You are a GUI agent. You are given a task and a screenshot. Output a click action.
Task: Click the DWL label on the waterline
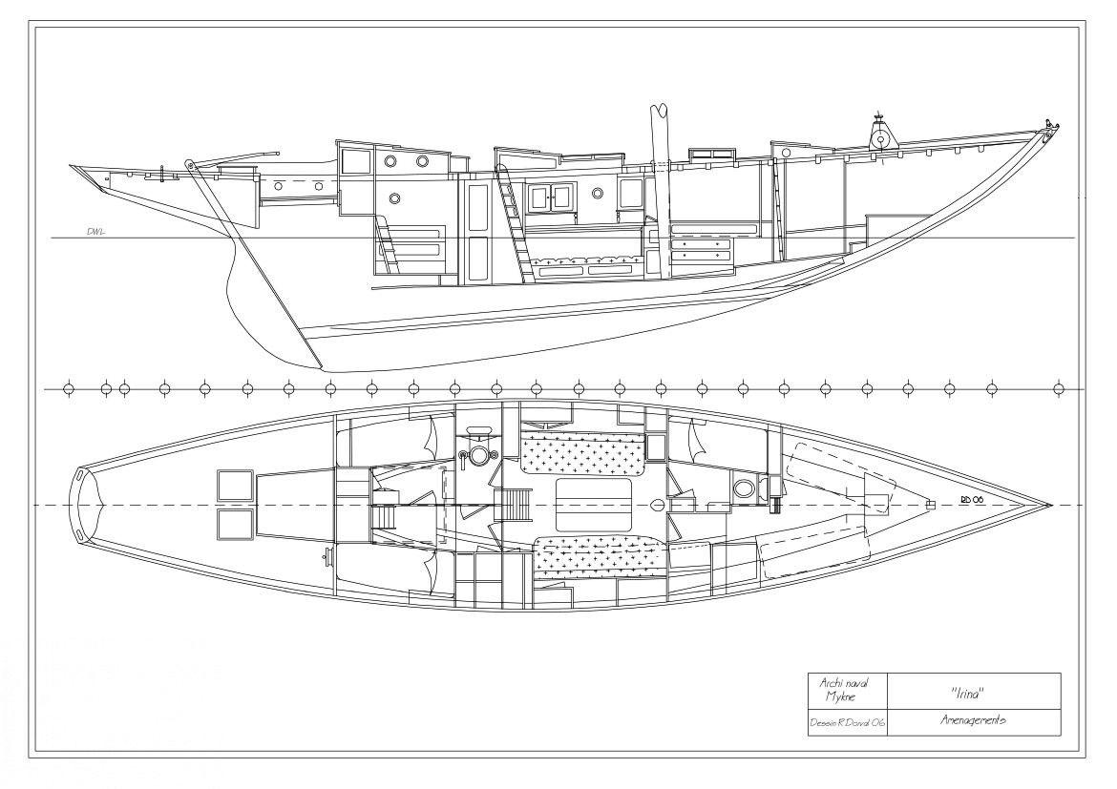[x=95, y=232]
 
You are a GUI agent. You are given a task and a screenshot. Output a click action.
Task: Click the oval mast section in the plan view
[x=657, y=504]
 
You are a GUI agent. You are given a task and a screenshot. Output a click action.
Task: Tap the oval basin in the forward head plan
[x=743, y=488]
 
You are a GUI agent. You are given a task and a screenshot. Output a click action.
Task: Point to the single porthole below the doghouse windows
[x=395, y=199]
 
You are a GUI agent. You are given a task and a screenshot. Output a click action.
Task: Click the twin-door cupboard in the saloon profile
[x=551, y=197]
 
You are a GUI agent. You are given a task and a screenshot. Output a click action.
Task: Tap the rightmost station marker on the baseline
[x=1058, y=389]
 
